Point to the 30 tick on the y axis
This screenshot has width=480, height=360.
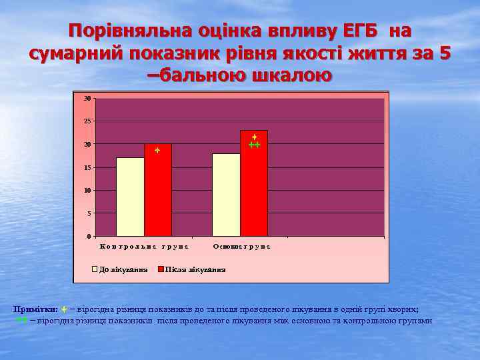pos(87,99)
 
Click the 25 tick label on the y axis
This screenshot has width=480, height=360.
pos(87,121)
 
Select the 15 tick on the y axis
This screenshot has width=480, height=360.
pos(87,167)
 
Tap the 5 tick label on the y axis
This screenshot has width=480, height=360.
pos(89,213)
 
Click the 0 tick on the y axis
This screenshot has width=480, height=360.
pos(89,237)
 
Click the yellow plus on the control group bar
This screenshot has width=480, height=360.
pos(157,151)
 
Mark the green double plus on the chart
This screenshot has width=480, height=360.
pos(254,145)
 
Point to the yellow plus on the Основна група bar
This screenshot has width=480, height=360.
pos(255,137)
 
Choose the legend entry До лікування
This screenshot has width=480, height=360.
pos(120,270)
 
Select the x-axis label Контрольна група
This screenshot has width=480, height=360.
pos(144,247)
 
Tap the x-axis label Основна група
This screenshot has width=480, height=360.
pos(241,247)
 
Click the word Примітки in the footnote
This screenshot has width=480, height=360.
pos(34,309)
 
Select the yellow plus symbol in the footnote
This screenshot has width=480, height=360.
pos(63,309)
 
